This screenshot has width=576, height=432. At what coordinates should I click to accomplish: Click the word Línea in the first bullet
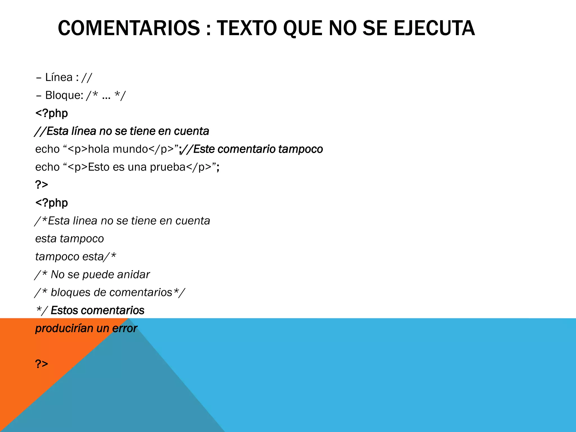[x=59, y=77]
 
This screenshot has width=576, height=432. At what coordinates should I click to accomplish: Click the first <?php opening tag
[x=51, y=113]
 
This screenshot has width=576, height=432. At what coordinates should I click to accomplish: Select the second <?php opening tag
[x=51, y=203]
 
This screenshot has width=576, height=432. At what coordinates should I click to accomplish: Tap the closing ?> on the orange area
[x=42, y=364]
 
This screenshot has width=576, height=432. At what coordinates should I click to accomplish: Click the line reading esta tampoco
[x=69, y=239]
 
